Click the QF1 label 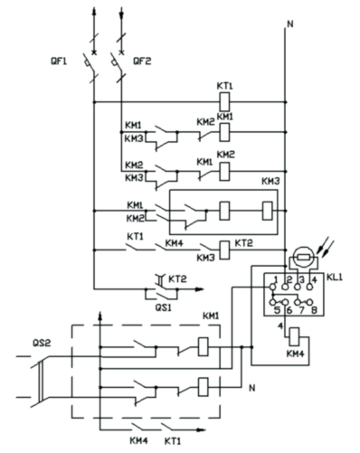(59, 61)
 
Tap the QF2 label (142, 61)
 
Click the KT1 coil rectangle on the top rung (224, 102)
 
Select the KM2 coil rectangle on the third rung (224, 171)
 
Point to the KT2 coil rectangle (224, 250)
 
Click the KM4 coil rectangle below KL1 (294, 336)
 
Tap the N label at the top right (290, 24)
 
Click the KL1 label (335, 277)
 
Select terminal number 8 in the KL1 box (314, 310)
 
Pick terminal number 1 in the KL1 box (276, 279)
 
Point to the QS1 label (163, 307)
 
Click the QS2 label (42, 343)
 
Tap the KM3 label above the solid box (270, 181)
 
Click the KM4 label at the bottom (139, 441)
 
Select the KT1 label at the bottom (173, 441)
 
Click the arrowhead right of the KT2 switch (199, 289)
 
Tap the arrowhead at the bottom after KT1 (201, 429)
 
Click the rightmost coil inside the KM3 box (268, 211)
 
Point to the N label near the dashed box (252, 388)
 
